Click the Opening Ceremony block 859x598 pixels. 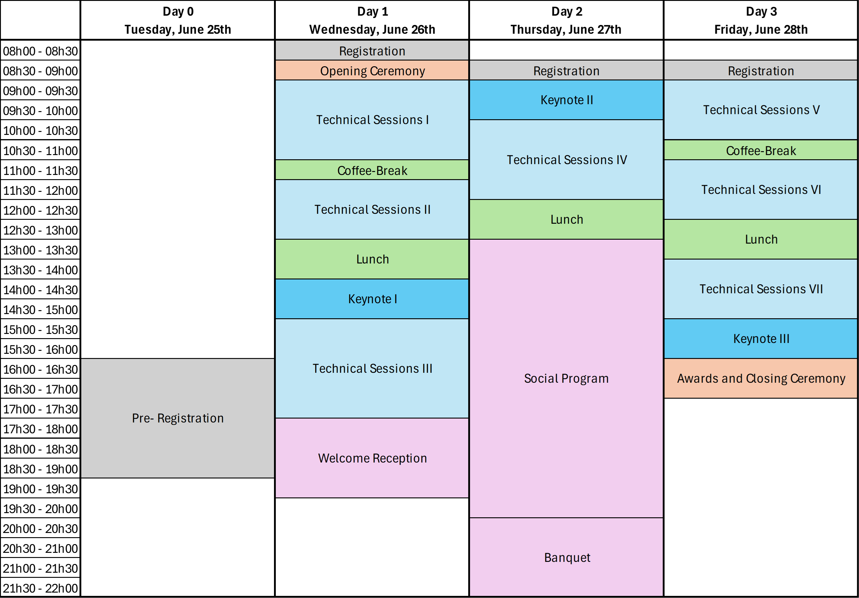point(372,70)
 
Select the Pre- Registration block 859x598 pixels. point(177,418)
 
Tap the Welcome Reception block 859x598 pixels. point(372,458)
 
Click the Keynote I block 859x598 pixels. point(372,299)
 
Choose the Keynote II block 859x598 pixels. point(566,100)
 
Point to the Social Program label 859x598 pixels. point(566,378)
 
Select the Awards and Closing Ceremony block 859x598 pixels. point(761,378)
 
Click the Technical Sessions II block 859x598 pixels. point(372,209)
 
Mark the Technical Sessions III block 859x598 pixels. point(372,368)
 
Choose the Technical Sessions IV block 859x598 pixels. point(566,159)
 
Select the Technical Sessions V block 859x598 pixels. point(761,110)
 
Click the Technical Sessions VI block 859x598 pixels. point(761,189)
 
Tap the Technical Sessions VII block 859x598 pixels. point(761,288)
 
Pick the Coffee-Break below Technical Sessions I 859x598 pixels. point(372,170)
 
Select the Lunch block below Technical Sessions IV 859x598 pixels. point(566,219)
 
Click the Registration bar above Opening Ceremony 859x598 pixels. point(372,51)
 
